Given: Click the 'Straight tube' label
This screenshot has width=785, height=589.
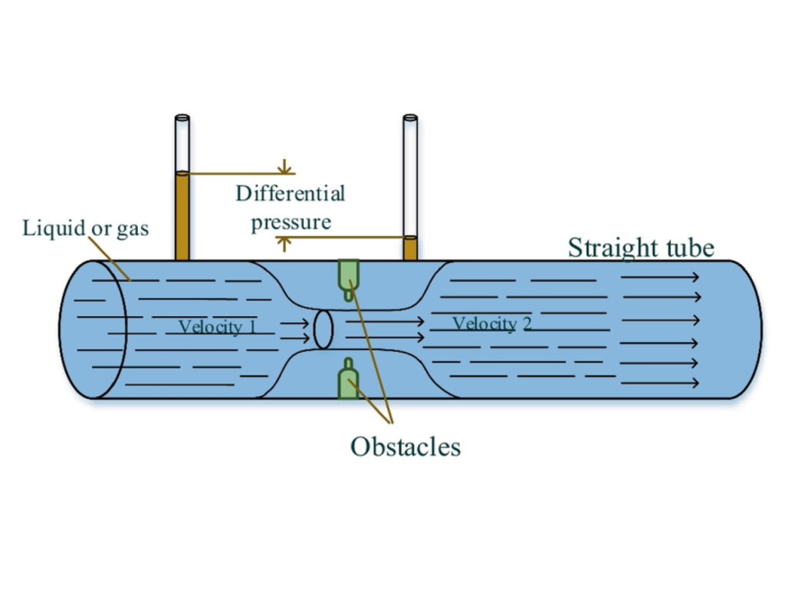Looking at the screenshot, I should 641,248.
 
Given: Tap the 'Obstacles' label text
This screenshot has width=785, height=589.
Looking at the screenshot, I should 406,446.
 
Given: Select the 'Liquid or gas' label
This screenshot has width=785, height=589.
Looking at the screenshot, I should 85,228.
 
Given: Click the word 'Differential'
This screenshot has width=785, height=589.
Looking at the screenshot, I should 290,192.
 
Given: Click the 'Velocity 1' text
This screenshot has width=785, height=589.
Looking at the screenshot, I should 217,327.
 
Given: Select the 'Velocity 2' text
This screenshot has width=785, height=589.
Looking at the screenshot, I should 491,324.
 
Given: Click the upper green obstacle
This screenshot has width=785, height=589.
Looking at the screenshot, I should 349,275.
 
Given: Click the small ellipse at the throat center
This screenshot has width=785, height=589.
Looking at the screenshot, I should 324,329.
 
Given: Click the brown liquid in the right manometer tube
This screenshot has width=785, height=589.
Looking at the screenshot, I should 410,248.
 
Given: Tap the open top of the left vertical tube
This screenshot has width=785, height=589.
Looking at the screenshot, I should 182,119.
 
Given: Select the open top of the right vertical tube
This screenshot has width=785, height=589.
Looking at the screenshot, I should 410,119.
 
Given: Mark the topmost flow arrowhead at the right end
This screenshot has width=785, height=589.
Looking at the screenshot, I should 695,278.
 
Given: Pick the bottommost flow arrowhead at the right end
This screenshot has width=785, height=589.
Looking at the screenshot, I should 695,383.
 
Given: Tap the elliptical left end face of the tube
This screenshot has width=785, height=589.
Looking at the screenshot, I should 92,330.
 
